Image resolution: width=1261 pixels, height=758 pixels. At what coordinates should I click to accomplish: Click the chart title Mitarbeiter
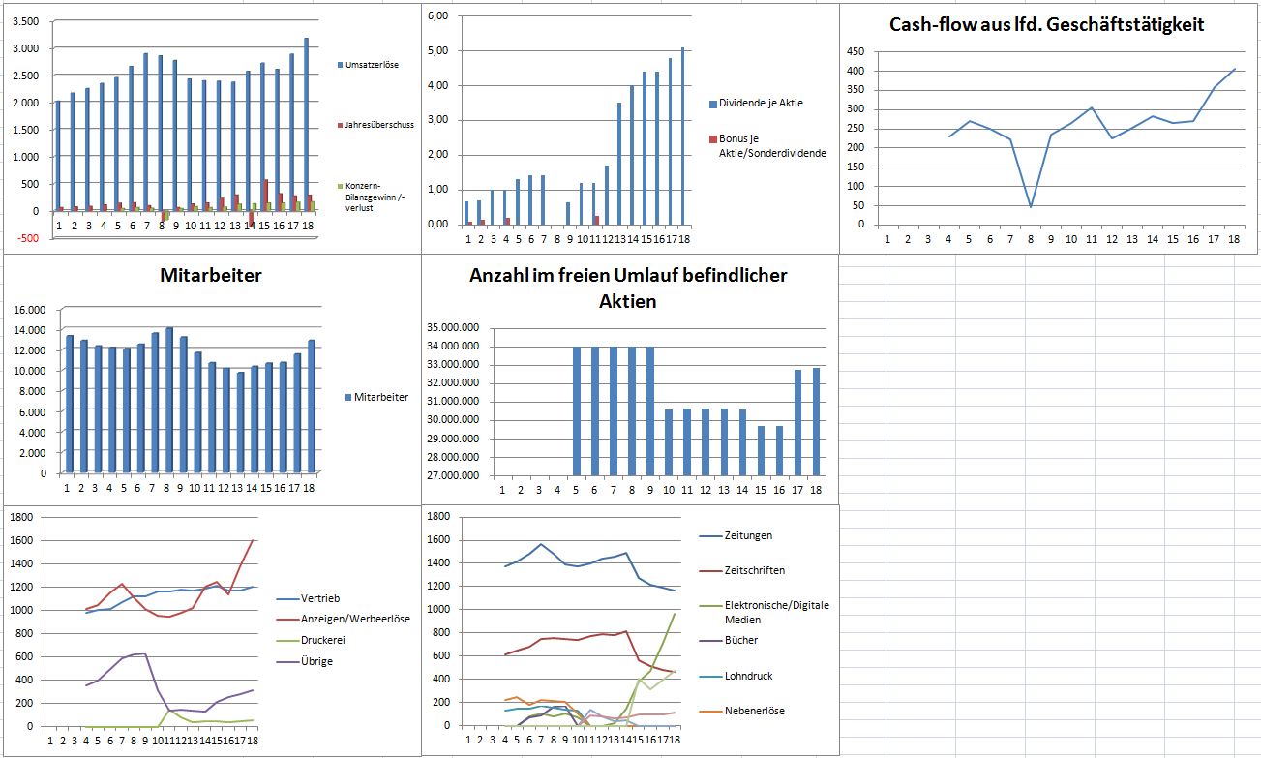coord(211,276)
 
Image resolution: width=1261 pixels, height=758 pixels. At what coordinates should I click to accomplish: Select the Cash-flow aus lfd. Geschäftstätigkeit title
coord(1046,25)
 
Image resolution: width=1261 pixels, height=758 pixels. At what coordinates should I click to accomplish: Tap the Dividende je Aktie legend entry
coord(761,104)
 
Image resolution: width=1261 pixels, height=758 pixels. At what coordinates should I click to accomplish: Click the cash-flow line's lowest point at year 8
coord(1031,206)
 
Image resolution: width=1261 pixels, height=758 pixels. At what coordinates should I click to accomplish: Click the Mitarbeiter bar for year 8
coord(168,400)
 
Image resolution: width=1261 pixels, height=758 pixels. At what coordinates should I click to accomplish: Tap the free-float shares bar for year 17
coord(798,423)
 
